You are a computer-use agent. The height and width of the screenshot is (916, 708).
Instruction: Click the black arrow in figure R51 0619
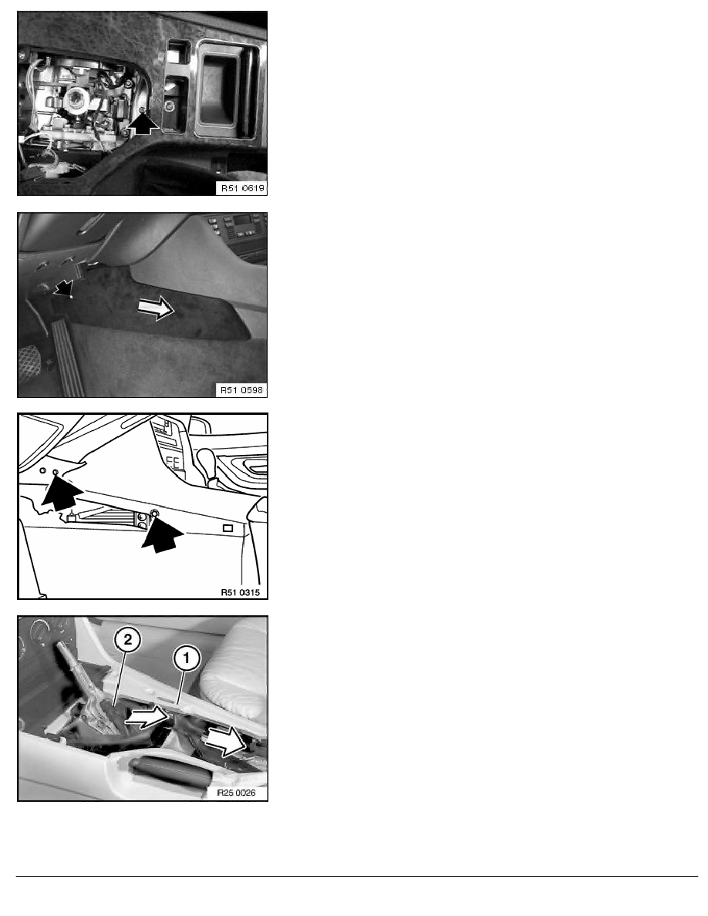click(143, 123)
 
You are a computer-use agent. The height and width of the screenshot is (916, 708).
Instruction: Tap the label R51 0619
click(242, 188)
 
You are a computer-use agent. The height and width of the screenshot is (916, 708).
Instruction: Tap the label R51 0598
click(241, 389)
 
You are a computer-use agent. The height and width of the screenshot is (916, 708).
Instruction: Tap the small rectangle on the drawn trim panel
click(228, 528)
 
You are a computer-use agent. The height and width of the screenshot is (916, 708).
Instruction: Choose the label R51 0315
click(240, 592)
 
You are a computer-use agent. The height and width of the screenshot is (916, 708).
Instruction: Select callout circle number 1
click(187, 658)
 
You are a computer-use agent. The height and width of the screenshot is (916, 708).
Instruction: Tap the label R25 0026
click(236, 793)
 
